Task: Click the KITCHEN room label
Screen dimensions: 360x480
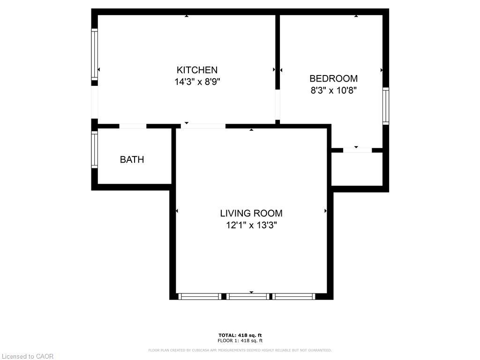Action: tap(197, 70)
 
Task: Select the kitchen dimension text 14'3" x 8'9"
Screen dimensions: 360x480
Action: tap(197, 82)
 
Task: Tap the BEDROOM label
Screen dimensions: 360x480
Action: tap(333, 79)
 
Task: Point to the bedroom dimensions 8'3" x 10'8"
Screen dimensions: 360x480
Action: tap(334, 90)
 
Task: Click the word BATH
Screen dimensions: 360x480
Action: tap(132, 159)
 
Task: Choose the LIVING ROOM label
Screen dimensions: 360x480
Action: tap(251, 213)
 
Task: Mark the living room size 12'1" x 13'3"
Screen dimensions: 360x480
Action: tap(251, 225)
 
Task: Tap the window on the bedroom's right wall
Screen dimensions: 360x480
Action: tap(385, 106)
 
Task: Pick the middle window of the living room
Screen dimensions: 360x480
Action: tap(248, 296)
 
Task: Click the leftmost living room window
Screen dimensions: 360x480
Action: tap(200, 296)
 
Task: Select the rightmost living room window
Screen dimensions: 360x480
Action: tap(294, 296)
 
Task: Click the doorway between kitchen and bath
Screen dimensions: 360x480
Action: tap(133, 126)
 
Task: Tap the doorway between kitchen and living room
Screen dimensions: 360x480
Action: tap(203, 126)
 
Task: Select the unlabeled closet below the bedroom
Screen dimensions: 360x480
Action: tap(357, 169)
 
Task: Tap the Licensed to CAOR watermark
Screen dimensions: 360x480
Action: tap(27, 356)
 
